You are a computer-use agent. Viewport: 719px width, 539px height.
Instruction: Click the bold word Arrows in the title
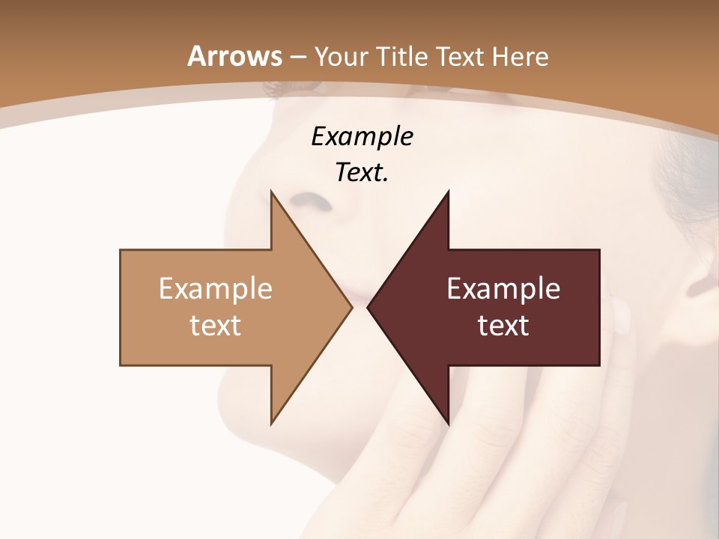(x=234, y=56)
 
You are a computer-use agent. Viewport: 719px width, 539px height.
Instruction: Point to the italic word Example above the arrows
(x=362, y=137)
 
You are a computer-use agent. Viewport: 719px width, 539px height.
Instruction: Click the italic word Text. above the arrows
(x=362, y=172)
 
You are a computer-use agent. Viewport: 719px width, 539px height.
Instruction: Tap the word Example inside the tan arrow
(x=216, y=289)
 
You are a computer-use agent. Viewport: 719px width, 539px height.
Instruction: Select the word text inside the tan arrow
(x=216, y=326)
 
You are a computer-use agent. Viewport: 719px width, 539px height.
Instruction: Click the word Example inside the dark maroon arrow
(x=503, y=289)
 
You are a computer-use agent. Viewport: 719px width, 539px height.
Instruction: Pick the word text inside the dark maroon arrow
(x=503, y=326)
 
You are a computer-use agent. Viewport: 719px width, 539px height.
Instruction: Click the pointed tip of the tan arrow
(x=351, y=307)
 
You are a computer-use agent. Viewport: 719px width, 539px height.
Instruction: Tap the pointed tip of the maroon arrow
(x=368, y=307)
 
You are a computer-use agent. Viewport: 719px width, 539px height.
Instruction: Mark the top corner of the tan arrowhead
(x=272, y=192)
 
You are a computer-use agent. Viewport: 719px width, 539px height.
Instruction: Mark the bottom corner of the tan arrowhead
(x=272, y=422)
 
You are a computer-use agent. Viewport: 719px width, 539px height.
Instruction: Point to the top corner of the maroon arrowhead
(x=448, y=192)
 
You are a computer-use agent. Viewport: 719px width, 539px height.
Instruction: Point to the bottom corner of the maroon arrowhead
(x=448, y=422)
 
